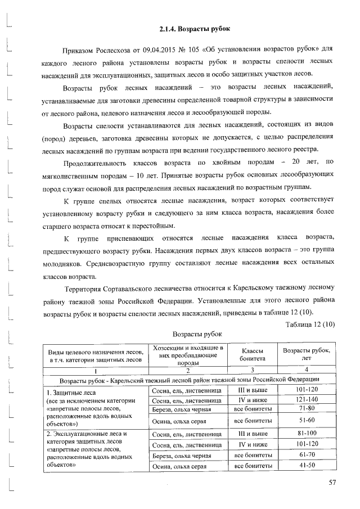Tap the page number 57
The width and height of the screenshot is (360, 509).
(x=332, y=482)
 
